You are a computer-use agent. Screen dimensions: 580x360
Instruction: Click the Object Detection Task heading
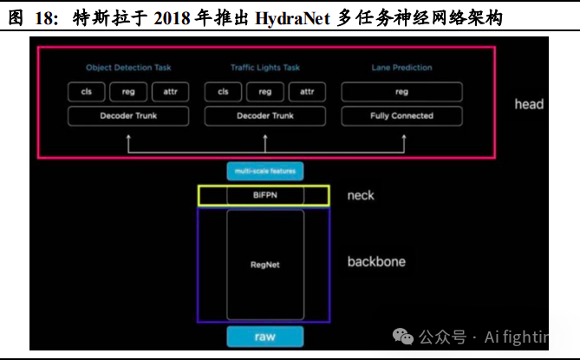coord(128,67)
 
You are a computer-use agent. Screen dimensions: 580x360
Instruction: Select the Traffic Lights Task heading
coord(265,67)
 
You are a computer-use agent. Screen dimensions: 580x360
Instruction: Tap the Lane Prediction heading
coord(401,67)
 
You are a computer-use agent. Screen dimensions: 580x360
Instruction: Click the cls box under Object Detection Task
coord(86,91)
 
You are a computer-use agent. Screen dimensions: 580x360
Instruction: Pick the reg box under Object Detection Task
coord(128,91)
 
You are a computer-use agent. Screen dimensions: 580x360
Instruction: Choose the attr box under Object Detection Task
coord(170,91)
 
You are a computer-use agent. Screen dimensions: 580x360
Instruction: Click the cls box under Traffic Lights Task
coord(223,91)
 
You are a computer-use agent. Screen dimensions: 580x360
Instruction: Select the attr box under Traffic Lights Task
coord(307,91)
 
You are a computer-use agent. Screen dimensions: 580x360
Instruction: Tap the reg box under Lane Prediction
coord(401,91)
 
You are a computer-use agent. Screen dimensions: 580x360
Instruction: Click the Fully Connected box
coord(401,115)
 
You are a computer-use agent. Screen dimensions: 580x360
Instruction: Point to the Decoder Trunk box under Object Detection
coord(128,115)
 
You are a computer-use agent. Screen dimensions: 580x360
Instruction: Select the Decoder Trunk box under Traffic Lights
coord(265,115)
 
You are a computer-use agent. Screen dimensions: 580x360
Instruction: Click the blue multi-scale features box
coord(264,172)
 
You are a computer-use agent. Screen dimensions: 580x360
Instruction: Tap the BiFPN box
coord(264,196)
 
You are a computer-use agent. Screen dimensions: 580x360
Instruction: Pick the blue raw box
coord(264,337)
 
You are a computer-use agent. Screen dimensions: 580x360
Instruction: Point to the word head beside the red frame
coord(528,104)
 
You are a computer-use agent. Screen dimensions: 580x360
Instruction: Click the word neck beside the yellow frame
coord(361,195)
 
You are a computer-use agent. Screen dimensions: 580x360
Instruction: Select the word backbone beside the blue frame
coord(376,261)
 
